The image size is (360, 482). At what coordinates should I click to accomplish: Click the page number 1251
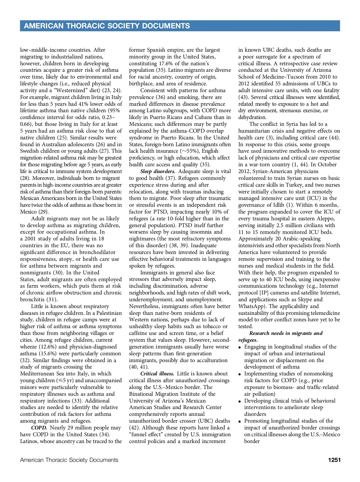click(x=334, y=460)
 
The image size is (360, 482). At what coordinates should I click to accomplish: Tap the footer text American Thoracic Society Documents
click(x=69, y=460)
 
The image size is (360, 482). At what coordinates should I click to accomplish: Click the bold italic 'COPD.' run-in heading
click(x=39, y=428)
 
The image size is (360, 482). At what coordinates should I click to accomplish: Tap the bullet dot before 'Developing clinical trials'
click(x=240, y=401)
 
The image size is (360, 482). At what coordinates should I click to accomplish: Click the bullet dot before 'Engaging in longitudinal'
click(x=240, y=347)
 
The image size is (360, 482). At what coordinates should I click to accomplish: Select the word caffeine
click(x=139, y=333)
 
